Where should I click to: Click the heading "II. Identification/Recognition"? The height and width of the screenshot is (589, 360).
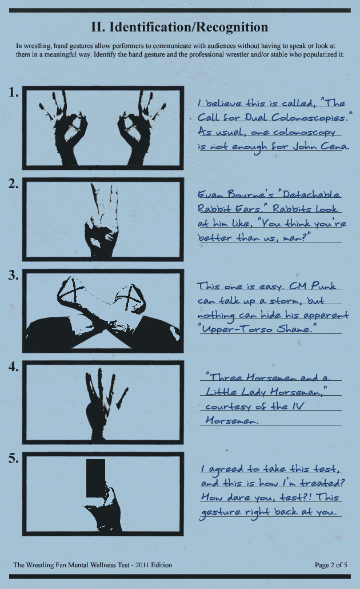click(x=179, y=27)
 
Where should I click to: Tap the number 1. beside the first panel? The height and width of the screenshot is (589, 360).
click(x=14, y=93)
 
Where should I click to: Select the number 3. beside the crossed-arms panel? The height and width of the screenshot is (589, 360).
click(x=14, y=275)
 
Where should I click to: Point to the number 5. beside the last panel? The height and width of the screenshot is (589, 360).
click(x=14, y=458)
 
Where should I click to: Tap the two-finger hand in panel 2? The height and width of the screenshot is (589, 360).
click(x=101, y=222)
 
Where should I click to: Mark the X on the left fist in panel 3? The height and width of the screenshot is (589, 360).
click(x=75, y=289)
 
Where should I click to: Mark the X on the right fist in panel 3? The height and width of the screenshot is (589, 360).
click(x=130, y=298)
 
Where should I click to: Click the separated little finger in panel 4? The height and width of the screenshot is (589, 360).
click(x=122, y=398)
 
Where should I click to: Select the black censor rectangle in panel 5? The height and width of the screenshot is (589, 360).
click(x=96, y=478)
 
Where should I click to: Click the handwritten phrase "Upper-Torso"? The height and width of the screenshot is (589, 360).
click(x=238, y=329)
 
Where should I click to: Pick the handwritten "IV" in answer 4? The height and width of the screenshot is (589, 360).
click(x=297, y=406)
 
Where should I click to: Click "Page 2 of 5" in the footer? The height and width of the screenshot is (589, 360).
click(x=331, y=565)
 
